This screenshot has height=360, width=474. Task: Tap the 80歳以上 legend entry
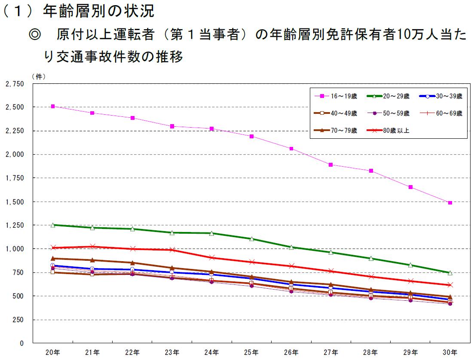(388, 131)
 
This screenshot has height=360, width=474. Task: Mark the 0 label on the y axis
(22, 343)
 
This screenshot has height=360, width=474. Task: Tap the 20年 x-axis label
(53, 353)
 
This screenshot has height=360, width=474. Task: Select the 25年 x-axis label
(251, 353)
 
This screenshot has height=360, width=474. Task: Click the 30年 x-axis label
(450, 353)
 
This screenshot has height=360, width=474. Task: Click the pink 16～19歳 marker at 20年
(53, 106)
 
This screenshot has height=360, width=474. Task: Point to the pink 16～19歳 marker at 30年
(450, 202)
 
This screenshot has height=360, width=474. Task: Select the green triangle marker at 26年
(291, 247)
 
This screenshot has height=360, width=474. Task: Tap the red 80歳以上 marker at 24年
(212, 257)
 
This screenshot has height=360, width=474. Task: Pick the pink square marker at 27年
(331, 165)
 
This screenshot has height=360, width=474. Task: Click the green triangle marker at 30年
(450, 273)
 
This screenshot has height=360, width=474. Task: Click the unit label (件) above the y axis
(38, 76)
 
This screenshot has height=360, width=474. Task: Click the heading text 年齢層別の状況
(98, 12)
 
